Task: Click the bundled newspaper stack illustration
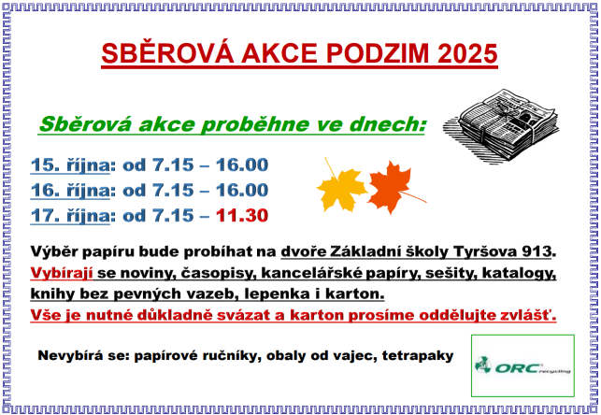pos(501,125)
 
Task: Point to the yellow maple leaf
pos(341,187)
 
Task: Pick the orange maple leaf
pos(392,187)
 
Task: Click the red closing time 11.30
pos(242,215)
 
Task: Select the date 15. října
pos(70,165)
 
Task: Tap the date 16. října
pos(70,191)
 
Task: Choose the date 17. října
pos(70,216)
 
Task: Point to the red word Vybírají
pos(62,273)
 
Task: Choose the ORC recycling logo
pos(522,365)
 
